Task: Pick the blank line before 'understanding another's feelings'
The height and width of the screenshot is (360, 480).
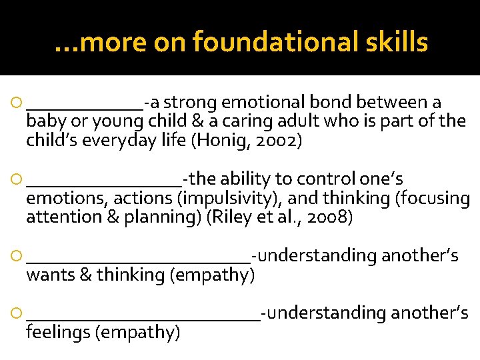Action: point(143,317)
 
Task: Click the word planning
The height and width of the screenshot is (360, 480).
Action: point(168,218)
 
